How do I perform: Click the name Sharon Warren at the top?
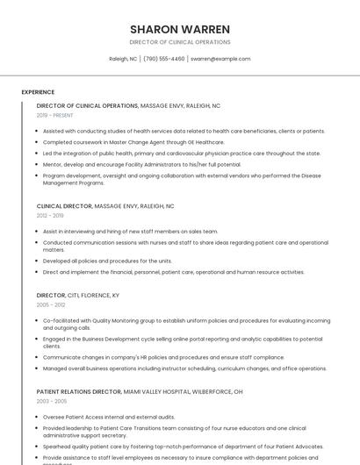179,29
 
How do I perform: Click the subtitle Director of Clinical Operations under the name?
179,41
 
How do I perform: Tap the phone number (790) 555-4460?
164,59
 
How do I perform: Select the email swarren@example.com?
220,59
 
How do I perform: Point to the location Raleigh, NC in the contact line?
123,59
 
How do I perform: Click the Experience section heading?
38,92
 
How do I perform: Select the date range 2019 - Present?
54,115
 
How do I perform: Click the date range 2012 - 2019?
50,215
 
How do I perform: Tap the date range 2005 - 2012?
50,305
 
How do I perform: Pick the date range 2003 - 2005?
50,401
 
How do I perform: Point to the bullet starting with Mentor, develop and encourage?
140,164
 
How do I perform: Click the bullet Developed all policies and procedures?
107,261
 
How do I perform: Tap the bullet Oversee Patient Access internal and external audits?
108,417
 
